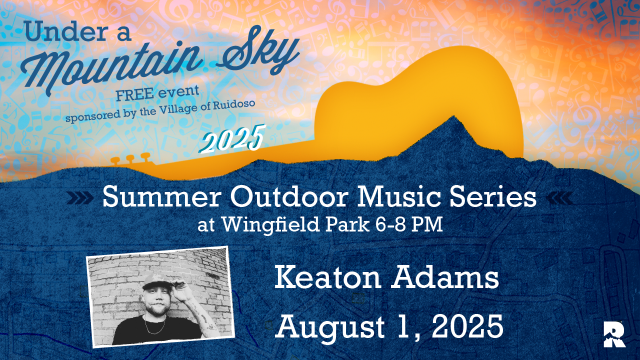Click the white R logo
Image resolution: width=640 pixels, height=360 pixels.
point(614,334)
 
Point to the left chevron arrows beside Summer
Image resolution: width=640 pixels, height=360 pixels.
point(79,199)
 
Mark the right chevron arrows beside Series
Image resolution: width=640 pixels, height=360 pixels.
point(558,199)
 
